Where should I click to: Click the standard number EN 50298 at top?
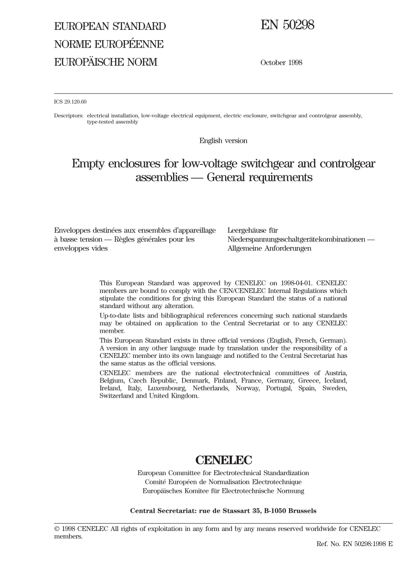[287, 26]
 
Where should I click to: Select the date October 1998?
[281, 63]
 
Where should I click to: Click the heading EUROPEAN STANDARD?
[110, 26]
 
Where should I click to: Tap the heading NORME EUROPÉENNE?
[109, 44]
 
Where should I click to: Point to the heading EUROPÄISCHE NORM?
[106, 62]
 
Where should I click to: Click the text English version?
[223, 141]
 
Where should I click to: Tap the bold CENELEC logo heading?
[223, 460]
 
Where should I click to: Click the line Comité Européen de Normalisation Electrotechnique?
[223, 482]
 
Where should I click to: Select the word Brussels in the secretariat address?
[302, 511]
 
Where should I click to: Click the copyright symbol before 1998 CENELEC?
[57, 529]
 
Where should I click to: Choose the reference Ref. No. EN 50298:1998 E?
[354, 543]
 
